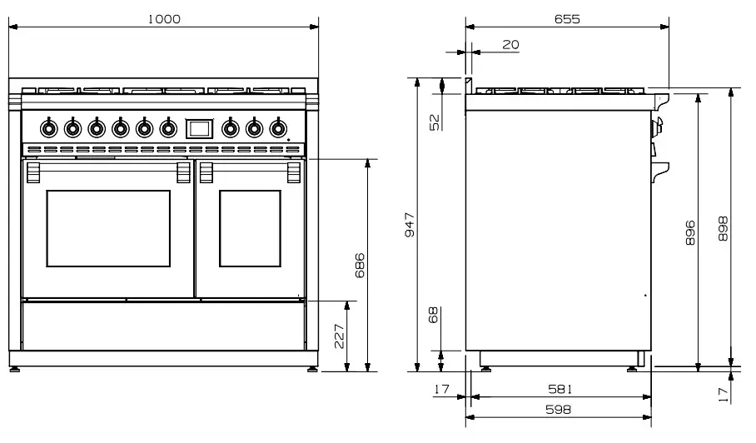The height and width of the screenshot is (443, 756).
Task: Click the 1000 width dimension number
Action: (164, 19)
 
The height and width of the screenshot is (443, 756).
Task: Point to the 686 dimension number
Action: (360, 266)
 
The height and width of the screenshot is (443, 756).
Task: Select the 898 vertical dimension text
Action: (723, 229)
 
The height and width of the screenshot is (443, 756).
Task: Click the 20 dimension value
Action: (510, 45)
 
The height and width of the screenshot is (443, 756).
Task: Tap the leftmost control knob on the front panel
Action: (49, 128)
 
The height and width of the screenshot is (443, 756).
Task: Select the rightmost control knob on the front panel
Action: (278, 128)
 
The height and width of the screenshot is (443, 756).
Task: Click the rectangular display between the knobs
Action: (199, 127)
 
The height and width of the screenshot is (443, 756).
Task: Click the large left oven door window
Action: (108, 228)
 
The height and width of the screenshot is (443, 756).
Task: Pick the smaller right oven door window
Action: (250, 228)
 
